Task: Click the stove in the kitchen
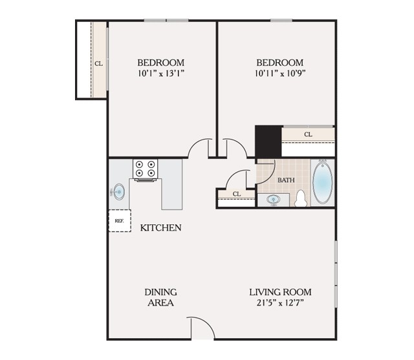coord(145,170)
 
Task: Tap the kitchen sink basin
coord(118,192)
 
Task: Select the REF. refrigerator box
coord(120,221)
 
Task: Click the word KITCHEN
coord(160,228)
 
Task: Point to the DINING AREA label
coord(160,297)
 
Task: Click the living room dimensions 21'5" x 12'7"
coord(280,302)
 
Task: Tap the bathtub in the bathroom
coord(322,182)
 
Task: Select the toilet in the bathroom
coord(301,198)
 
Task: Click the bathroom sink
coord(273,200)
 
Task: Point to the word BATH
coord(286,180)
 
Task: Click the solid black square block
coord(268,142)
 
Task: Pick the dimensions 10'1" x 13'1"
coord(161,73)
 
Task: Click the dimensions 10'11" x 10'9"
coord(280,73)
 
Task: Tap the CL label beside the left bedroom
coord(99,63)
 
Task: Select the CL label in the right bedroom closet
coord(308,134)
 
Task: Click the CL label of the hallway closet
coord(237,194)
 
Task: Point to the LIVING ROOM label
coord(280,292)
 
